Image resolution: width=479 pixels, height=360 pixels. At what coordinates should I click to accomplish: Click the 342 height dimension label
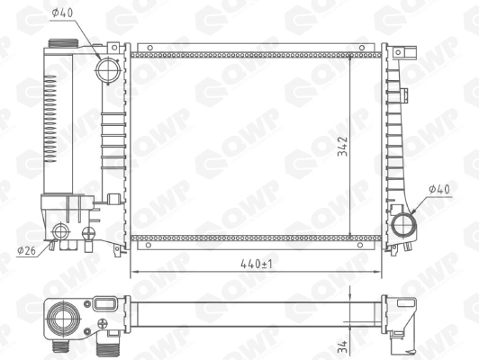(343, 147)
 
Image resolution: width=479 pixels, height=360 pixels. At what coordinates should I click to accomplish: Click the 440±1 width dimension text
(256, 264)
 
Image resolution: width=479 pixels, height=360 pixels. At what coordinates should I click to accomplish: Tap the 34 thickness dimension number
(343, 346)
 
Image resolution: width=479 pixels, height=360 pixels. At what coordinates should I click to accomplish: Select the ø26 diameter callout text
(27, 251)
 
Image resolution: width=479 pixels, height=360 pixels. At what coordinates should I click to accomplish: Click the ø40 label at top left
(62, 13)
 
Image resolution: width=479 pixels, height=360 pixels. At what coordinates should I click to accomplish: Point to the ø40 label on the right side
(439, 189)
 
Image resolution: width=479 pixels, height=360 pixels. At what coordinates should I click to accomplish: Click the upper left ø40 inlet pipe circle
(106, 69)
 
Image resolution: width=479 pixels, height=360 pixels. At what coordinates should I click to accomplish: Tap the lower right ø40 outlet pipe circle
(403, 225)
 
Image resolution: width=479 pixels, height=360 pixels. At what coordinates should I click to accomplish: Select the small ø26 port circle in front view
(60, 232)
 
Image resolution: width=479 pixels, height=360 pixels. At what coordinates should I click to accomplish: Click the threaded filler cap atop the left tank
(64, 43)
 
